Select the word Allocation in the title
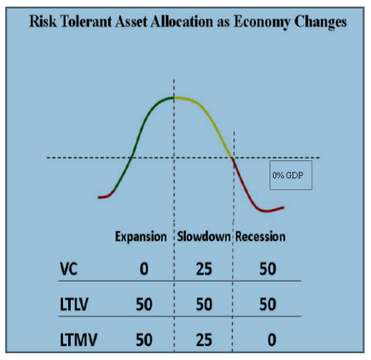click(181, 21)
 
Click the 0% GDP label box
click(291, 175)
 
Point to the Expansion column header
click(141, 237)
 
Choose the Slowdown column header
click(204, 236)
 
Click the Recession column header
click(260, 236)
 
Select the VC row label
click(68, 269)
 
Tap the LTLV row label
click(74, 305)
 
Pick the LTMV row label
click(78, 340)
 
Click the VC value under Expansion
click(144, 269)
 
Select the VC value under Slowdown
click(204, 269)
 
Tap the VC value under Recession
click(268, 269)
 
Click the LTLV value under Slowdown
click(204, 305)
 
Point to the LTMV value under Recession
click(271, 340)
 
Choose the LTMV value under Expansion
click(144, 340)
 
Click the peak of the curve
click(174, 98)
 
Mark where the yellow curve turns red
click(232, 158)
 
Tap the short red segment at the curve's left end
click(107, 195)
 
